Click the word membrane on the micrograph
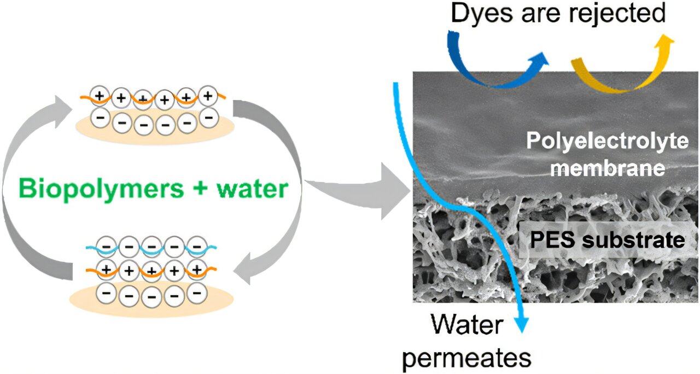pyautogui.click(x=607, y=168)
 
